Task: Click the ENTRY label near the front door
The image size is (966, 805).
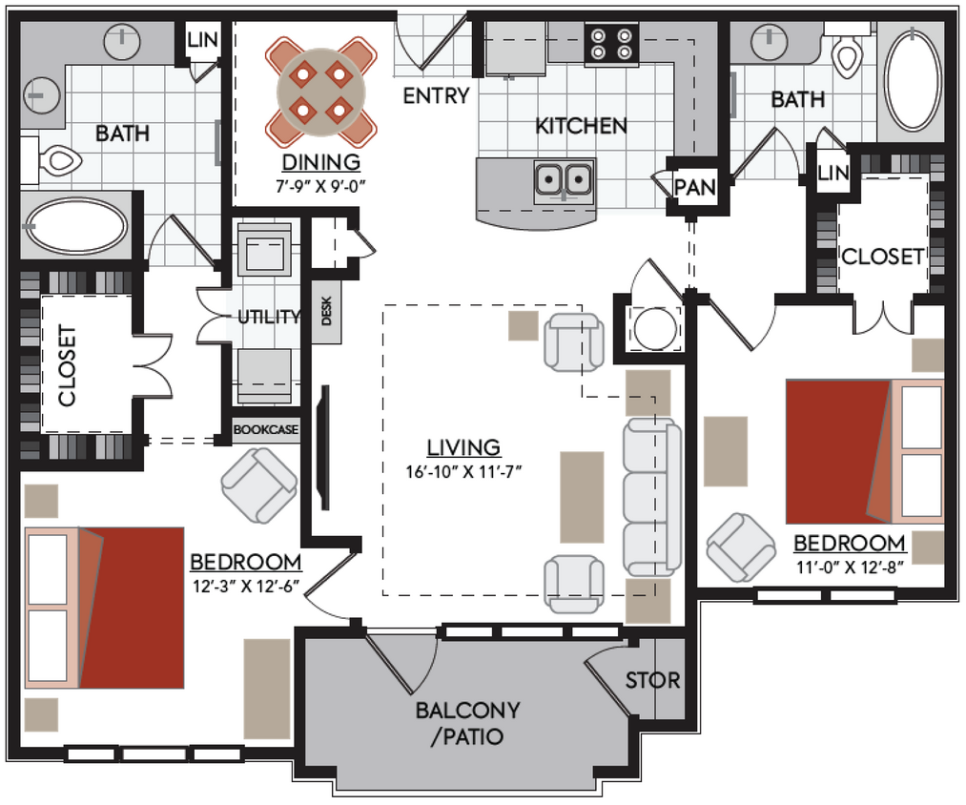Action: [x=436, y=95]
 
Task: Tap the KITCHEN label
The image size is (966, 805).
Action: [x=581, y=125]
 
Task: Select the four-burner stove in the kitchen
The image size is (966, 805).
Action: [x=610, y=43]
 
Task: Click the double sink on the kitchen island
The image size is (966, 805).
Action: [x=564, y=179]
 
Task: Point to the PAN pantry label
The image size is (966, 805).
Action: [x=694, y=188]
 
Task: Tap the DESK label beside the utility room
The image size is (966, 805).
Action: [x=326, y=311]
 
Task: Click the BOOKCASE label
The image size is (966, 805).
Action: [x=266, y=431]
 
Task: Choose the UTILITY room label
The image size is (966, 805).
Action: [x=269, y=318]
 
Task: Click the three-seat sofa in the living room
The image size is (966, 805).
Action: [x=651, y=496]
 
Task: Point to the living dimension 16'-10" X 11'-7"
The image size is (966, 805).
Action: [x=464, y=469]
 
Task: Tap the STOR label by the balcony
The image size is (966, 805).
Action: [x=652, y=680]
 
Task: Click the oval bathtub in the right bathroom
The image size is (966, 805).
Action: [x=912, y=80]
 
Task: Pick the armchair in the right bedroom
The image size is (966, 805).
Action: [x=741, y=547]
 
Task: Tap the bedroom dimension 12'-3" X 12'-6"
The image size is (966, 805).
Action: [x=245, y=586]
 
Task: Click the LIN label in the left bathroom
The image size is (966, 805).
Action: [x=202, y=40]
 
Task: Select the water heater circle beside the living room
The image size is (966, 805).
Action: [x=655, y=329]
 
